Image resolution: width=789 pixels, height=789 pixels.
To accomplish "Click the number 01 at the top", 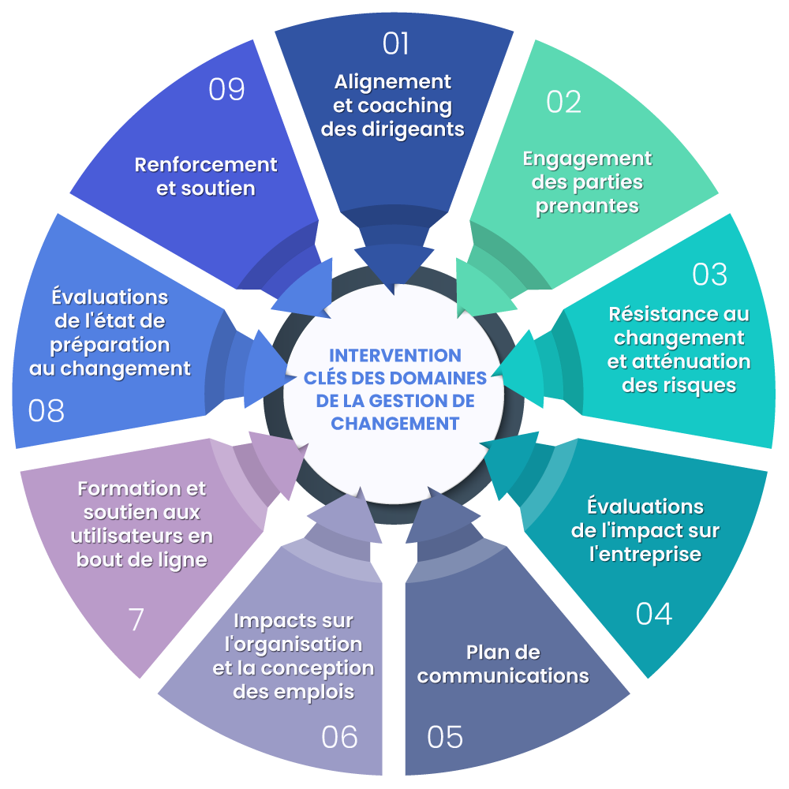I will pyautogui.click(x=395, y=43).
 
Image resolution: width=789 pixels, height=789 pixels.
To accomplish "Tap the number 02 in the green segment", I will pyautogui.click(x=563, y=102).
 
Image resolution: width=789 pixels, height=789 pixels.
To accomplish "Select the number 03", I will pyautogui.click(x=709, y=274).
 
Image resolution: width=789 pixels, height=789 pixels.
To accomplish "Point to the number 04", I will pyautogui.click(x=654, y=614).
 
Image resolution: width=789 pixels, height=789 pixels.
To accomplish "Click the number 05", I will pyautogui.click(x=445, y=737).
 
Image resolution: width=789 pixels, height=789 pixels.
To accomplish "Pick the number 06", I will pyautogui.click(x=339, y=737).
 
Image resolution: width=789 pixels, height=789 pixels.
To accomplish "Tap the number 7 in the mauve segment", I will pyautogui.click(x=136, y=619).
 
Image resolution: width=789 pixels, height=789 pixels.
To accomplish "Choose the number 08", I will pyautogui.click(x=47, y=411).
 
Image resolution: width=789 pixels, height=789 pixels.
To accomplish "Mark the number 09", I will pyautogui.click(x=226, y=90).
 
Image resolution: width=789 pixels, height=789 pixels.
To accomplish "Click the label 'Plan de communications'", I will pyautogui.click(x=503, y=664).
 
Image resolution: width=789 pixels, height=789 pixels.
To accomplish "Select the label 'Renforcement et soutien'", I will pyautogui.click(x=206, y=177).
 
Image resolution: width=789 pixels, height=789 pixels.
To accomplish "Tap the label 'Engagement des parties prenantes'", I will pyautogui.click(x=587, y=182).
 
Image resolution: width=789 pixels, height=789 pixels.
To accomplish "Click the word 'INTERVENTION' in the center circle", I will pyautogui.click(x=394, y=355).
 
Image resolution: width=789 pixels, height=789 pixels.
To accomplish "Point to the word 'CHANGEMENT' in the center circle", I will pyautogui.click(x=394, y=424).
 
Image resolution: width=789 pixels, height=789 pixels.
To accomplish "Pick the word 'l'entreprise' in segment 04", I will pyautogui.click(x=645, y=554).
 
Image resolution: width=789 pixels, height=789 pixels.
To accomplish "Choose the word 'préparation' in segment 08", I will pyautogui.click(x=110, y=345).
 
